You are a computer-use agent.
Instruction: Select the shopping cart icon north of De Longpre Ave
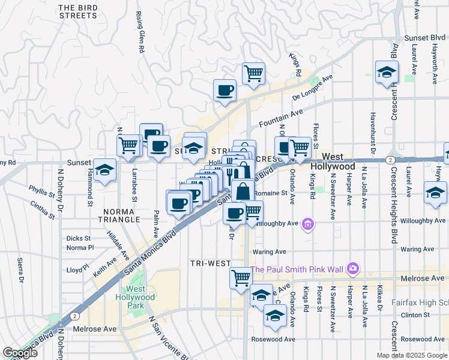[x=254, y=73]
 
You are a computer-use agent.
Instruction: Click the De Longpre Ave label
[x=312, y=88]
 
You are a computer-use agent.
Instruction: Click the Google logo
[x=20, y=353]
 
